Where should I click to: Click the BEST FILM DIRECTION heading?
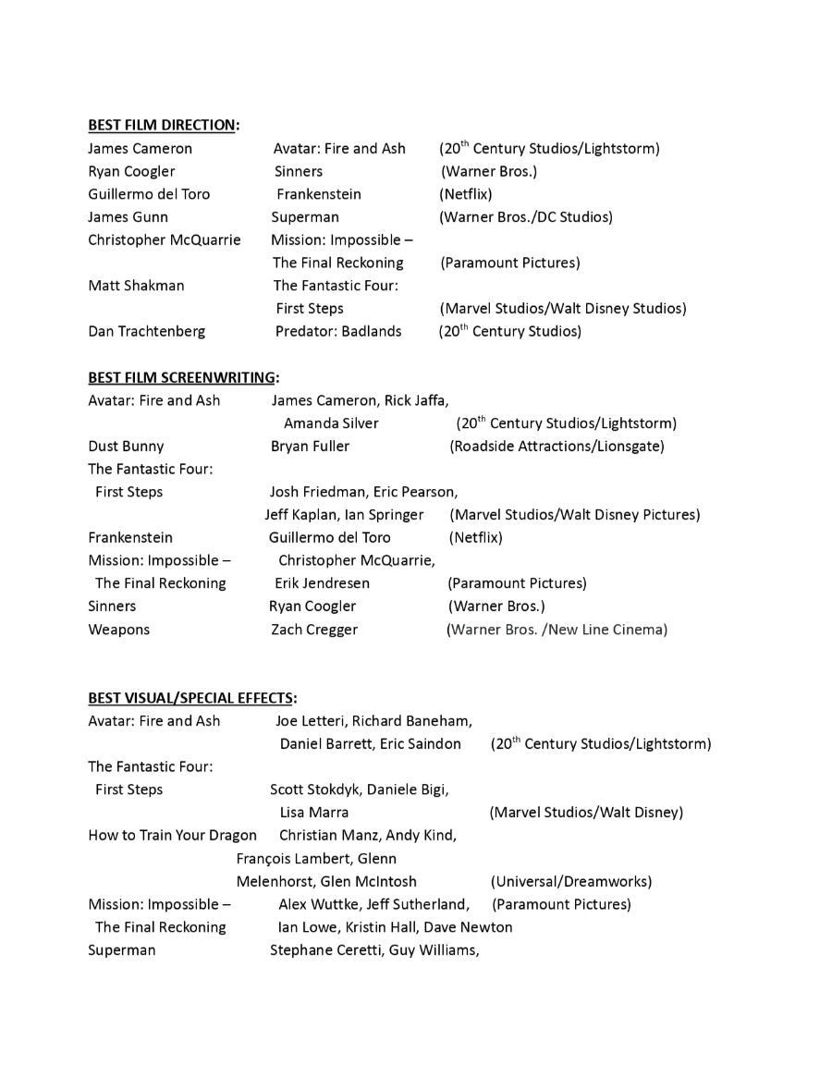(x=162, y=125)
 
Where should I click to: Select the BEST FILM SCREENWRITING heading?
(x=182, y=377)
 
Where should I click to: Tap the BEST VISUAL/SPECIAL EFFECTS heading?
(x=190, y=698)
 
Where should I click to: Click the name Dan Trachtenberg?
(x=147, y=331)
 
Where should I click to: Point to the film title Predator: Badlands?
(x=338, y=331)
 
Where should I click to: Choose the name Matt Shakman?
(x=136, y=286)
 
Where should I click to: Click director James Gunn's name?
(x=128, y=217)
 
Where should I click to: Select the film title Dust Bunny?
(x=126, y=447)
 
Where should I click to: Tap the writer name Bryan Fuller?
(x=310, y=447)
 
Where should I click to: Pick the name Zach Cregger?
(x=314, y=630)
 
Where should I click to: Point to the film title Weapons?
(x=118, y=630)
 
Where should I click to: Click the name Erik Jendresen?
(x=322, y=583)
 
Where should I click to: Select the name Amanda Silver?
(x=331, y=423)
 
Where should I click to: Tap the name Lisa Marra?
(x=314, y=813)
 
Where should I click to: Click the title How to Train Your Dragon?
(x=172, y=836)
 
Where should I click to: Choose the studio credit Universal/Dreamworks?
(x=570, y=882)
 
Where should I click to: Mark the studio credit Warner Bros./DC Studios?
(x=526, y=217)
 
